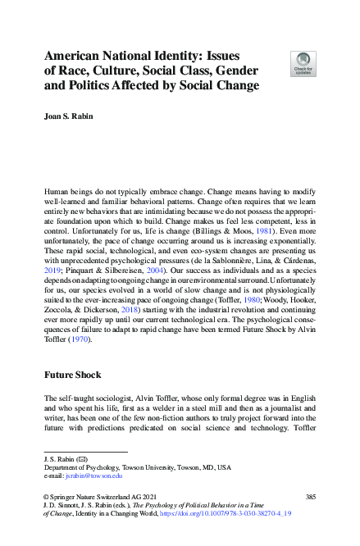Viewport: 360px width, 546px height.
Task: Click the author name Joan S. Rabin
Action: (x=71, y=116)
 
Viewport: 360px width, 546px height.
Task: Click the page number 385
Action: (x=310, y=498)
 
